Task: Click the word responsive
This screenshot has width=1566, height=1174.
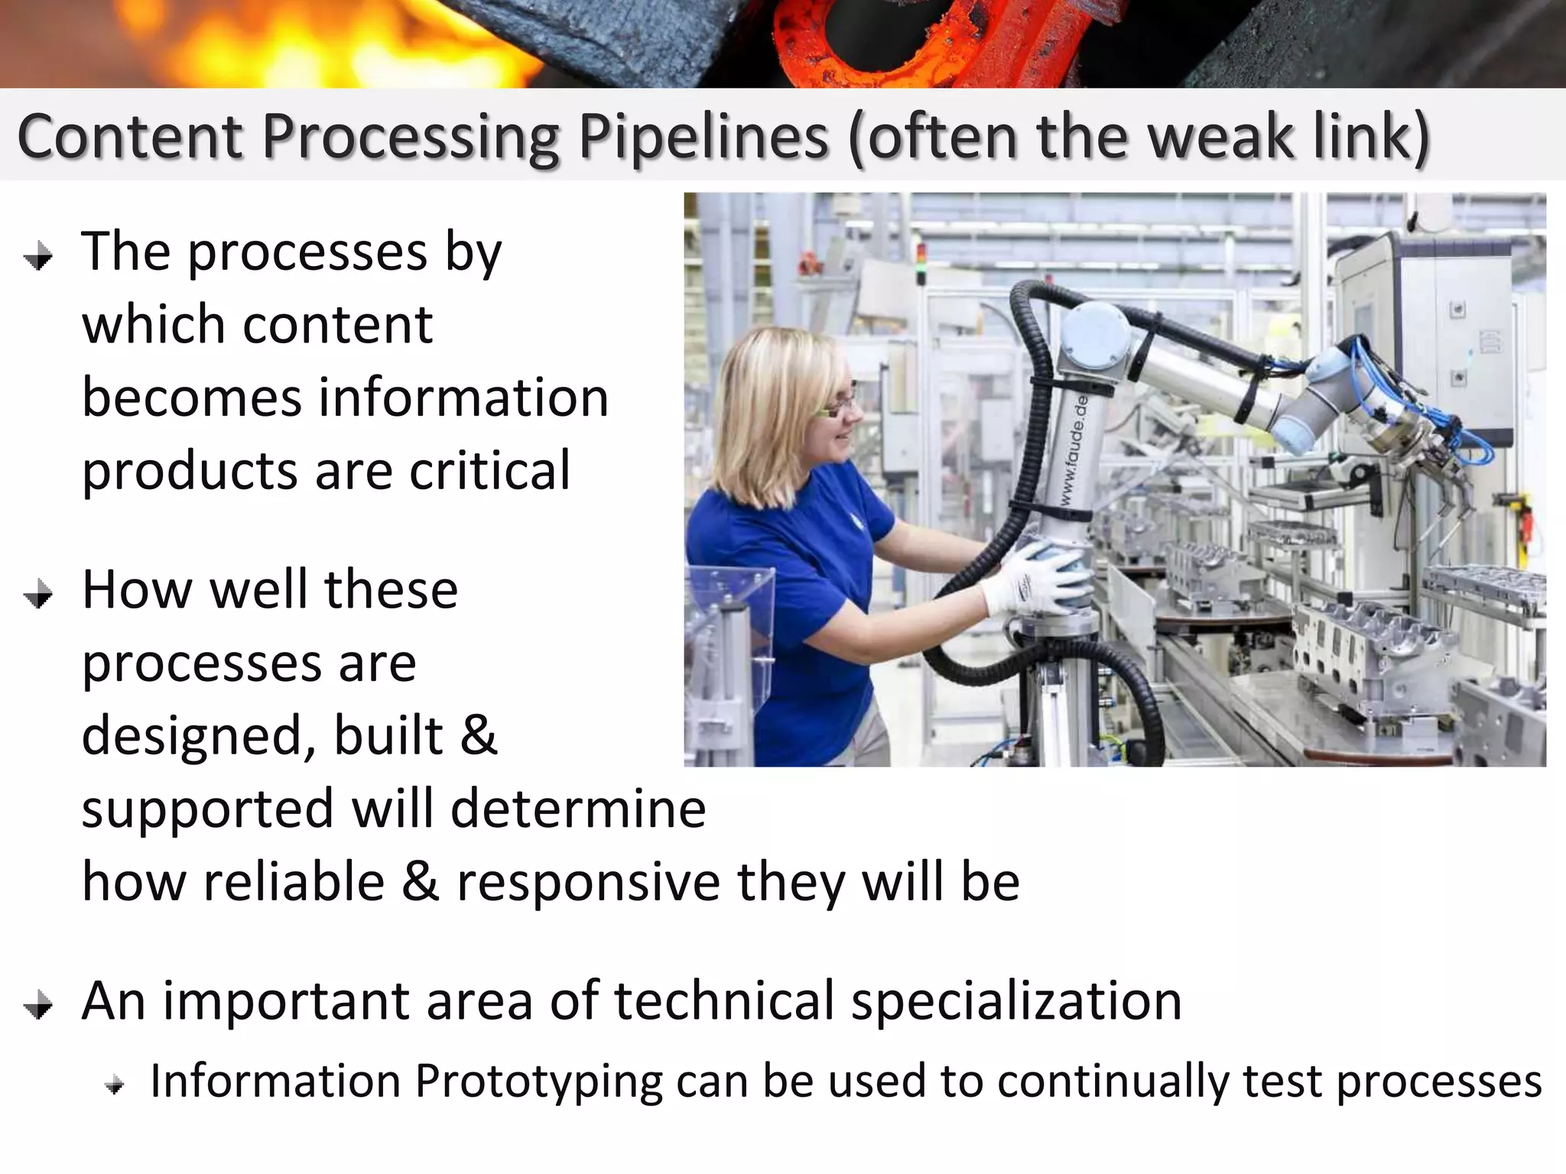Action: tap(588, 882)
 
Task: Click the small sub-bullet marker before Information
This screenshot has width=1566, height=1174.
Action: tap(115, 1085)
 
